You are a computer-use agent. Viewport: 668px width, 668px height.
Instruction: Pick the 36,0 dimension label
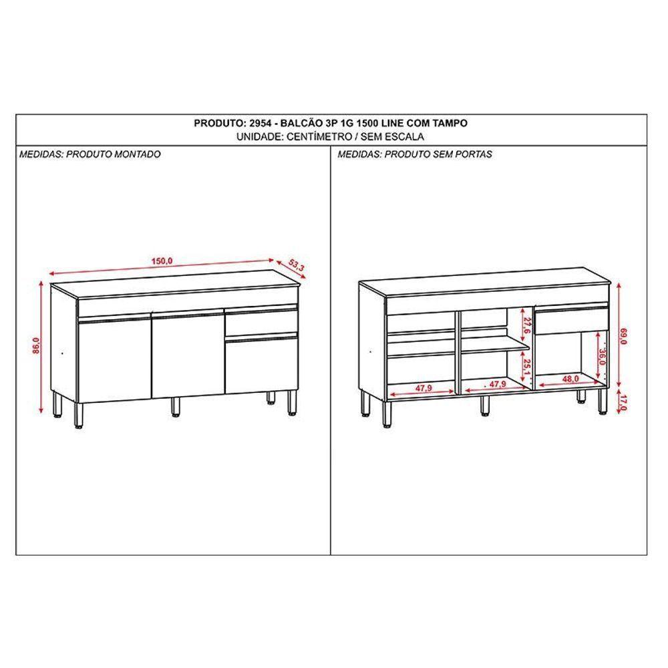[603, 358]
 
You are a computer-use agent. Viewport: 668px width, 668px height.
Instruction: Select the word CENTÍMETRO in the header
[317, 136]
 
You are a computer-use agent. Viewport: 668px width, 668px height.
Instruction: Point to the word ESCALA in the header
[405, 136]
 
